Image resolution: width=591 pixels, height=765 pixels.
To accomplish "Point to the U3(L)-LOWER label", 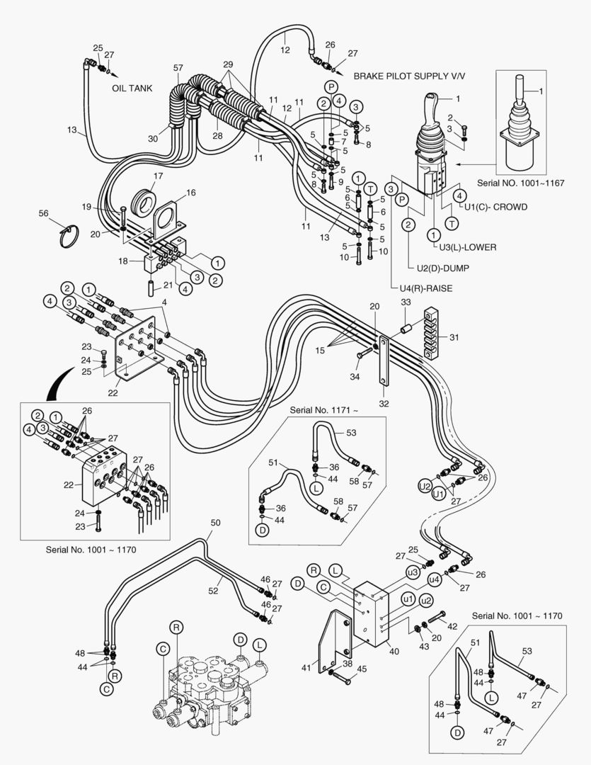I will click(x=467, y=247).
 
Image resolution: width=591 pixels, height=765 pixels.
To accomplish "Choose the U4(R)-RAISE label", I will click(x=422, y=289).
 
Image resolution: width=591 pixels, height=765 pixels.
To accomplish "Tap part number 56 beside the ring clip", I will click(x=43, y=212).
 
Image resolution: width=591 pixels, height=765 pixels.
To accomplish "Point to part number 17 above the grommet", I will click(x=158, y=176).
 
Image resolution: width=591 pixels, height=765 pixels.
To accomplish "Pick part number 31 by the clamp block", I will click(x=453, y=337).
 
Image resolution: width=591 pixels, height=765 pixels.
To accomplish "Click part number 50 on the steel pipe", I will click(x=216, y=523).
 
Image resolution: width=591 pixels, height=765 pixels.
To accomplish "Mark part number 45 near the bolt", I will click(x=362, y=669).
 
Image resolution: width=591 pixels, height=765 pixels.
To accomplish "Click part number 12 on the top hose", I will click(x=285, y=50).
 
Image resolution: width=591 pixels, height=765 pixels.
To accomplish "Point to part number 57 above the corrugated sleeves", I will click(x=178, y=68).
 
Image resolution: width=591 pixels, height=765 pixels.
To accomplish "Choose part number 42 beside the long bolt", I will click(x=452, y=625).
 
